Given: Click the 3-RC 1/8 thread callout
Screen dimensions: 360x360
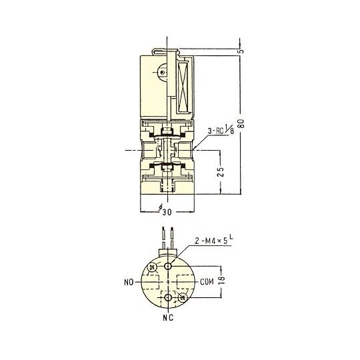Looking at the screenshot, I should pos(217,138).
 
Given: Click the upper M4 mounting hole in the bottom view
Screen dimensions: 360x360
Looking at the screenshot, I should pos(169,265).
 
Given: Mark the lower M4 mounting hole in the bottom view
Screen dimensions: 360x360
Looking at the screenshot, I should pos(169,297).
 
